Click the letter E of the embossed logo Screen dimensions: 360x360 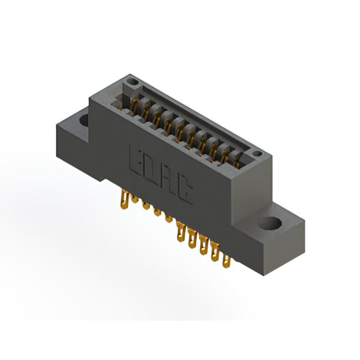136,161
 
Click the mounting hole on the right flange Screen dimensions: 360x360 270,223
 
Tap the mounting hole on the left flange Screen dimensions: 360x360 84,120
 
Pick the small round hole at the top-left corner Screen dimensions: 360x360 133,82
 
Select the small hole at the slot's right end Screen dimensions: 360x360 257,154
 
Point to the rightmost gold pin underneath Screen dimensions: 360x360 226,261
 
